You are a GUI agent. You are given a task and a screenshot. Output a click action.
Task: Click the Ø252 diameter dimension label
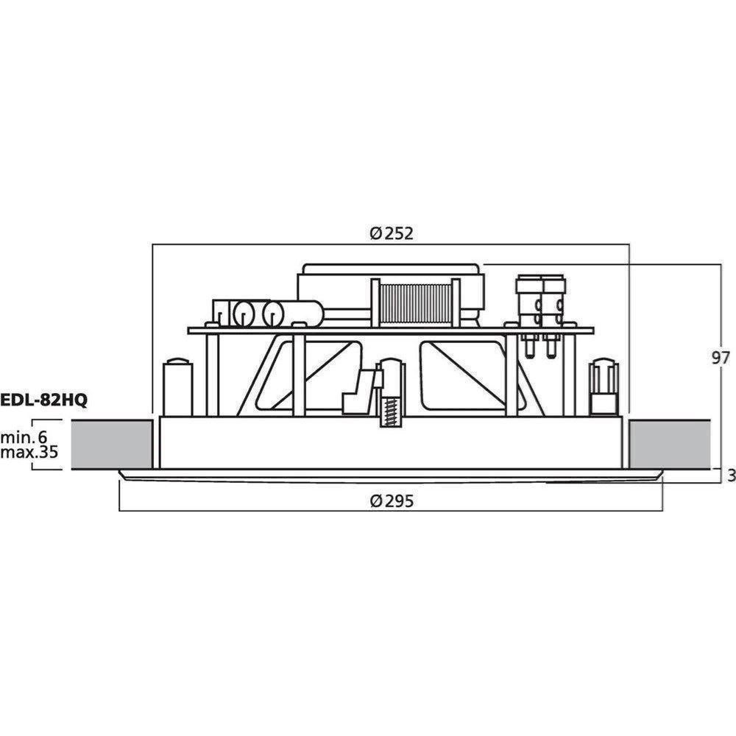tap(392, 233)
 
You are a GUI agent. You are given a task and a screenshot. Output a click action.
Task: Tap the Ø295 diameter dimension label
tap(392, 501)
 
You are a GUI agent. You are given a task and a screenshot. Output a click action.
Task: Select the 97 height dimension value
tap(721, 358)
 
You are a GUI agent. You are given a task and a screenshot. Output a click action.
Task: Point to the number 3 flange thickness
tap(731, 475)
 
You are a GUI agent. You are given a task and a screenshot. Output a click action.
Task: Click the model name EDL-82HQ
tap(43, 400)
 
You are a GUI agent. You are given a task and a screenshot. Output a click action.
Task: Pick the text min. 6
tap(24, 437)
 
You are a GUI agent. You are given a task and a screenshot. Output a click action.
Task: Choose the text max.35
tap(29, 452)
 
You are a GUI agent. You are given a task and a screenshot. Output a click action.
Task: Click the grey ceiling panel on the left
tap(112, 444)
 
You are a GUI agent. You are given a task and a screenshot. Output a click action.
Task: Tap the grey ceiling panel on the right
tap(669, 444)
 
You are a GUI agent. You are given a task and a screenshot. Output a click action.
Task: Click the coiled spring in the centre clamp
tap(392, 411)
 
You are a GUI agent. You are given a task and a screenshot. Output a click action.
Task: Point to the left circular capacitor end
tap(244, 314)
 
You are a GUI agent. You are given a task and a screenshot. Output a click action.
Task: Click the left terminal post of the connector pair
tap(529, 316)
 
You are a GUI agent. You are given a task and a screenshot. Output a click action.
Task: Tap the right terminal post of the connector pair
tap(554, 316)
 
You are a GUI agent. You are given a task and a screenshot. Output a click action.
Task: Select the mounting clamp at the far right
tap(604, 387)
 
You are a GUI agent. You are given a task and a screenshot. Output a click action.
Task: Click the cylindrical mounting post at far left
tap(177, 387)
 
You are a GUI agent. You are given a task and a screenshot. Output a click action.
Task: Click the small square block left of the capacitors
tap(221, 312)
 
